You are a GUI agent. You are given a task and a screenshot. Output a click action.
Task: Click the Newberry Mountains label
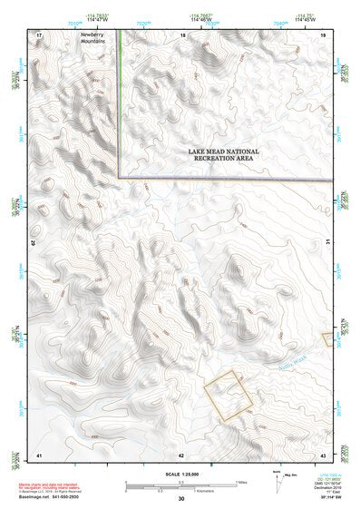[92, 38]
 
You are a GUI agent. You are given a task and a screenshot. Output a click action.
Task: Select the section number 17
[38, 34]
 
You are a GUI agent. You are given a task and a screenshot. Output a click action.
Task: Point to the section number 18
[183, 34]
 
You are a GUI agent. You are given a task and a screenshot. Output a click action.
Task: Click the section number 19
[323, 34]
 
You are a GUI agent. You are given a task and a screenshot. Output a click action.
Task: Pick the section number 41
[38, 453]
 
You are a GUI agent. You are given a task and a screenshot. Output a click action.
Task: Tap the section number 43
[323, 453]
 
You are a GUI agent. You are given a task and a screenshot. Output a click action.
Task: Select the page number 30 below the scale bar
[181, 499]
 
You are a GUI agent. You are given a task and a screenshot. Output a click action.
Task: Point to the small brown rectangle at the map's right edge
[326, 338]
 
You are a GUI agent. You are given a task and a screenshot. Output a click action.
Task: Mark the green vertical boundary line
[118, 100]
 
